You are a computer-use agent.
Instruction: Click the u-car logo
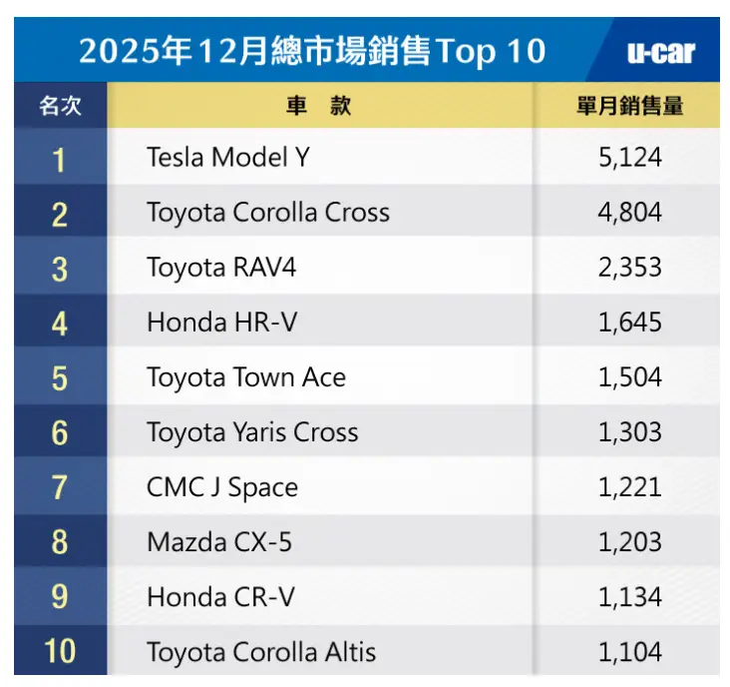661,52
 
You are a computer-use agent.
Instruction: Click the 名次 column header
60,106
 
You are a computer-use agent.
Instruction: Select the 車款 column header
319,106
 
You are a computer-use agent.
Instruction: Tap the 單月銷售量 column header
629,106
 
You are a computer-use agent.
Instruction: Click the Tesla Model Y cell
228,158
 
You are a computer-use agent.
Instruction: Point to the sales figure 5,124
629,158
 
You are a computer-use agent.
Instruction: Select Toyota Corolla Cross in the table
267,213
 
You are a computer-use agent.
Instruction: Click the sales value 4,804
629,213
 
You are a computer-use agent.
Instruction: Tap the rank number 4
60,323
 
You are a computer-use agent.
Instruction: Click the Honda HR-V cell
221,323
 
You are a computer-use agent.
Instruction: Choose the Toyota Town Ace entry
246,377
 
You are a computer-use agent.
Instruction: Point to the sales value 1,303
629,432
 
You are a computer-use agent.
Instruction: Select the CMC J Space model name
221,487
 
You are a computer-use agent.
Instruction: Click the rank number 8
60,542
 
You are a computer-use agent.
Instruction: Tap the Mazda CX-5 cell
218,542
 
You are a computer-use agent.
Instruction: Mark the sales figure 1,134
629,597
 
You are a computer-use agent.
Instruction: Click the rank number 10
60,652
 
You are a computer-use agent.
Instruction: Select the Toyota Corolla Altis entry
261,652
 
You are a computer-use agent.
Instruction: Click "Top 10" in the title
490,52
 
